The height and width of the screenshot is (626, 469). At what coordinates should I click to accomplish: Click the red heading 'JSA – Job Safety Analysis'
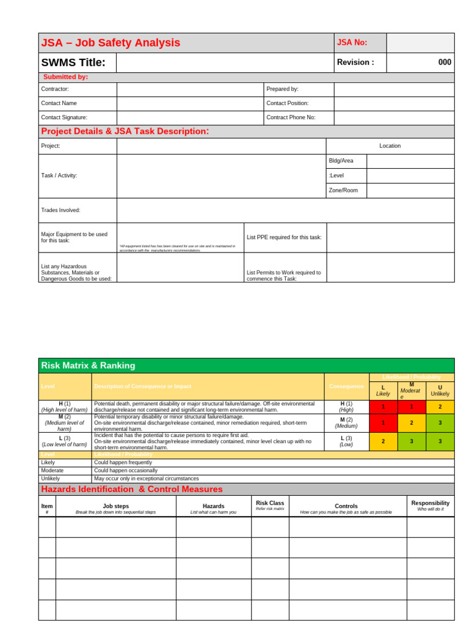[x=111, y=43]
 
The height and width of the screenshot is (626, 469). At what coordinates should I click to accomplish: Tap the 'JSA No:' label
[x=352, y=43]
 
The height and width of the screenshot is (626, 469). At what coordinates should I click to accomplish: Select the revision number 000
[x=445, y=62]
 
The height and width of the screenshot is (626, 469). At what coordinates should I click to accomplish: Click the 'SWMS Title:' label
[x=73, y=62]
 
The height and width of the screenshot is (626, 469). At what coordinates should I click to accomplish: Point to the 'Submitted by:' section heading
[x=65, y=77]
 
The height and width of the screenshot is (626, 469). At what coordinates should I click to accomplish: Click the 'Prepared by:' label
[x=282, y=89]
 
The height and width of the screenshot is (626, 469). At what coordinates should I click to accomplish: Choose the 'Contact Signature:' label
[x=64, y=117]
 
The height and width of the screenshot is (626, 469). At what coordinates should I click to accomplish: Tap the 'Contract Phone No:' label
[x=291, y=117]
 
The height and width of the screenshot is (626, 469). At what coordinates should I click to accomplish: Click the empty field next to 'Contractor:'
[x=190, y=89]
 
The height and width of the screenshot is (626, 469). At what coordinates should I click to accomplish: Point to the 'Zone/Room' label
[x=343, y=190]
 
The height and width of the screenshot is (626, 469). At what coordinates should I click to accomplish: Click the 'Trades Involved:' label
[x=60, y=210]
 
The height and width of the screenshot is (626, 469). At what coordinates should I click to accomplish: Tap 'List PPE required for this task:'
[x=284, y=237]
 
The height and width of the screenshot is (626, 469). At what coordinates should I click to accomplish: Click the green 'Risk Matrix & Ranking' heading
[x=88, y=366]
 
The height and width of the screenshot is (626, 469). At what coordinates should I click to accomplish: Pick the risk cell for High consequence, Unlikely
[x=440, y=407]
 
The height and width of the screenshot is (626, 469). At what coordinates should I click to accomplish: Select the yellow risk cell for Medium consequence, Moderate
[x=412, y=422]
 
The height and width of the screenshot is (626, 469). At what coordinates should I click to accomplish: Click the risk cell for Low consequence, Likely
[x=384, y=441]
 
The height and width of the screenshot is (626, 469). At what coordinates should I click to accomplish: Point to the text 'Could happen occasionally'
[x=126, y=471]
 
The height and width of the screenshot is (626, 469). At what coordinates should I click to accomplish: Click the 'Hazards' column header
[x=213, y=506]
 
